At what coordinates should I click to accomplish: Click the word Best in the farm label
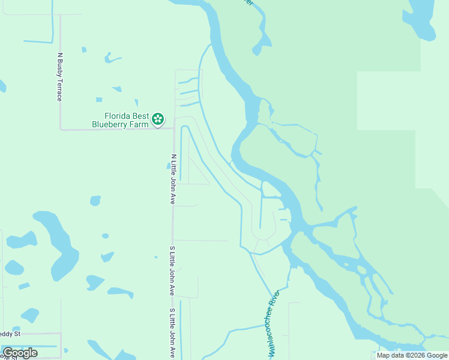tap(141, 116)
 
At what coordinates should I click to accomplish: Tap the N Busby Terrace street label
tap(59, 77)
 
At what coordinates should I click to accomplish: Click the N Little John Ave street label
tap(173, 179)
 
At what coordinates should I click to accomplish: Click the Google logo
tap(20, 353)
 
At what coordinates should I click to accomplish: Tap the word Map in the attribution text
tap(383, 356)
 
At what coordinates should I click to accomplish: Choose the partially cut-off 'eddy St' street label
tap(10, 334)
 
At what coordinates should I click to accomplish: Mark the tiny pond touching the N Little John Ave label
tap(169, 165)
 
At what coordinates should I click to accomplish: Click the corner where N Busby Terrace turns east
tap(60, 128)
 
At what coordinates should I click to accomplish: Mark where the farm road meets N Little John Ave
tap(173, 128)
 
